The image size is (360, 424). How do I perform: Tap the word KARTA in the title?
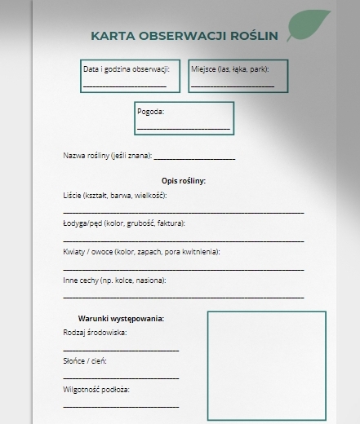click(113, 36)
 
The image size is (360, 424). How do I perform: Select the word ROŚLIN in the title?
click(254, 36)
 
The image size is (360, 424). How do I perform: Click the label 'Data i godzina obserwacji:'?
click(126, 68)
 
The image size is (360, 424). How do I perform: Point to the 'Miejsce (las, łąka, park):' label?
click(230, 68)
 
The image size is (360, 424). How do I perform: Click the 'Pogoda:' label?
click(151, 112)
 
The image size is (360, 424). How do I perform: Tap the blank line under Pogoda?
click(184, 128)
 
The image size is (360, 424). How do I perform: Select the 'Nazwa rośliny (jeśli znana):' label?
click(107, 156)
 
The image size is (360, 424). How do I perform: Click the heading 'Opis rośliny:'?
click(184, 180)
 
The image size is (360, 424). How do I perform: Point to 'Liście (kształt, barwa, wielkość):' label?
click(114, 196)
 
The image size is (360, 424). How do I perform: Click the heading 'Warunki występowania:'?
click(121, 318)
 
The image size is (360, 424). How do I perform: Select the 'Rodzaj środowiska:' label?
click(95, 333)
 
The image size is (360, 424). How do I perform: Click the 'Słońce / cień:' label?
click(84, 360)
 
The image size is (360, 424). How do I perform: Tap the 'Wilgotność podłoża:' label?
click(96, 389)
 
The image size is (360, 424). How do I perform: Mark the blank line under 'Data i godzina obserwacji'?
click(124, 85)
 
